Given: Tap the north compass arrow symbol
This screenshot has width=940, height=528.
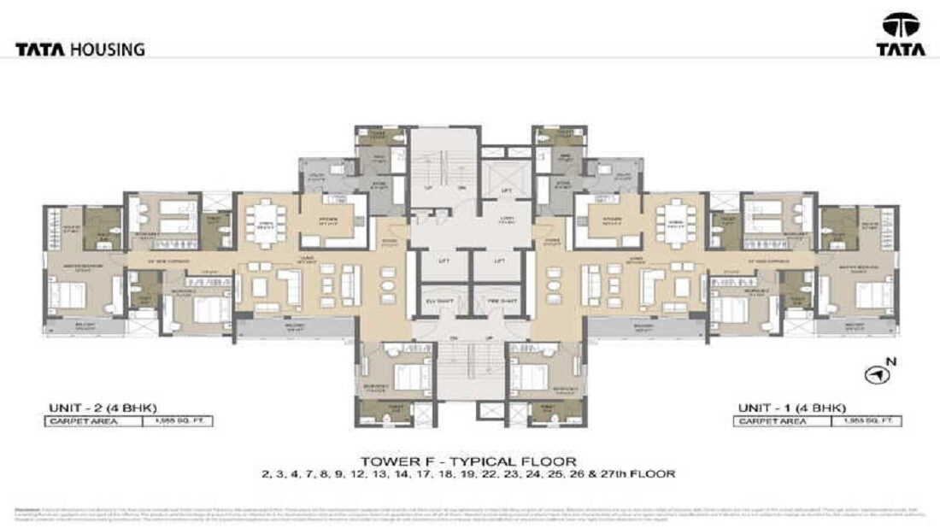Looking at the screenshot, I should pyautogui.click(x=874, y=374).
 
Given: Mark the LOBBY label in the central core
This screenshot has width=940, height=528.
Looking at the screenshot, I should pyautogui.click(x=506, y=220).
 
